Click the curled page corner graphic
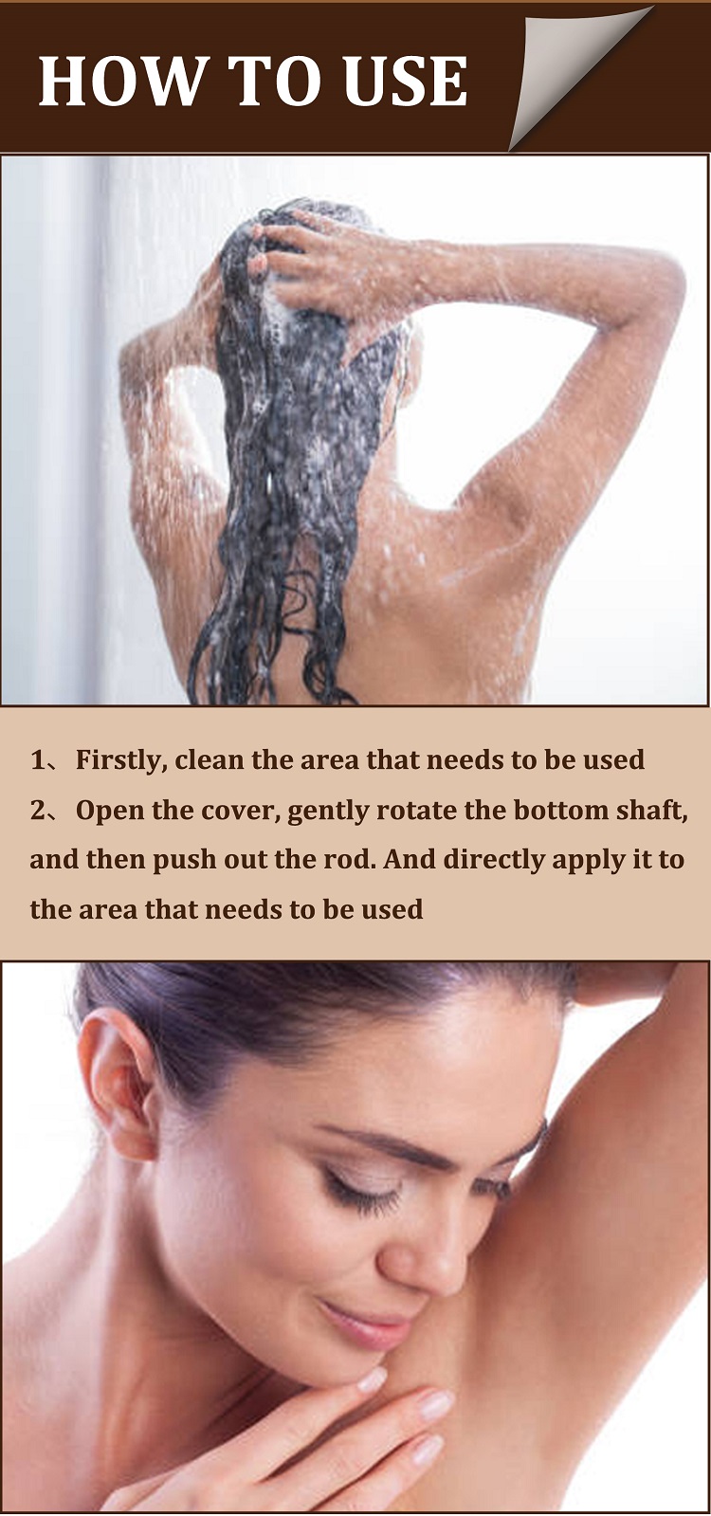pos(578,71)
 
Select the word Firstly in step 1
pos(120,760)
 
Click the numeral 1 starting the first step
pos(38,760)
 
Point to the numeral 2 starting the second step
pos(38,811)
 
